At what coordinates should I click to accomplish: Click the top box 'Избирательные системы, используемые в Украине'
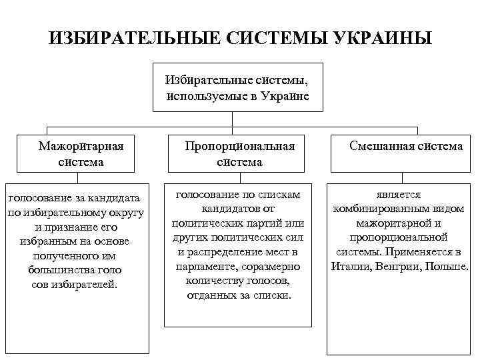pos(237,87)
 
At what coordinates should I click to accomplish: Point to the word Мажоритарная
pos(81,146)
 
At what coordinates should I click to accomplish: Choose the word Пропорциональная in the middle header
pos(239,146)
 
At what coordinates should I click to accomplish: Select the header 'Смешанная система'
pos(405,146)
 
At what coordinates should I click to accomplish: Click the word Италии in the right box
pos(349,267)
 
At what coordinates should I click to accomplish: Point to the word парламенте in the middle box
pos(201,267)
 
